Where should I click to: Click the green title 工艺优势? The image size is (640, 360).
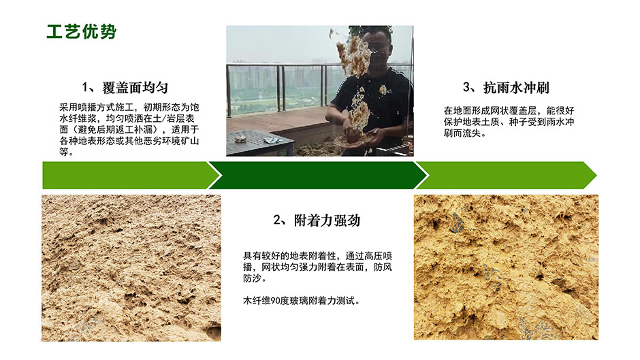coord(82,32)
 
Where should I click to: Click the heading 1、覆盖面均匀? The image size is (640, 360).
coord(125,88)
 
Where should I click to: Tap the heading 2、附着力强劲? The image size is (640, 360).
coord(317,220)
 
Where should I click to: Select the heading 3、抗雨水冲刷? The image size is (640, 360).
coord(506,88)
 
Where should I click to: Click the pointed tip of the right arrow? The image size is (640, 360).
coord(596,176)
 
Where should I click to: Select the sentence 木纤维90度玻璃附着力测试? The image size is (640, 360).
coord(302,301)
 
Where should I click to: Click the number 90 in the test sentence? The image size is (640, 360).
coord(276,301)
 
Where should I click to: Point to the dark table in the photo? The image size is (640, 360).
coord(260,143)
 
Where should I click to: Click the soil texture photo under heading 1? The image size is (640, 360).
coord(131,267)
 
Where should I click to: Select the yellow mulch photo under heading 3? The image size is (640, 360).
coord(506,267)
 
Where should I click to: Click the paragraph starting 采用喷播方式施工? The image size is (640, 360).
coord(129,129)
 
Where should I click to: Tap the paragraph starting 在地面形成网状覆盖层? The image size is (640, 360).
coord(509,122)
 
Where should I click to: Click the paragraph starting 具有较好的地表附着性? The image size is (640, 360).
coord(317,267)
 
